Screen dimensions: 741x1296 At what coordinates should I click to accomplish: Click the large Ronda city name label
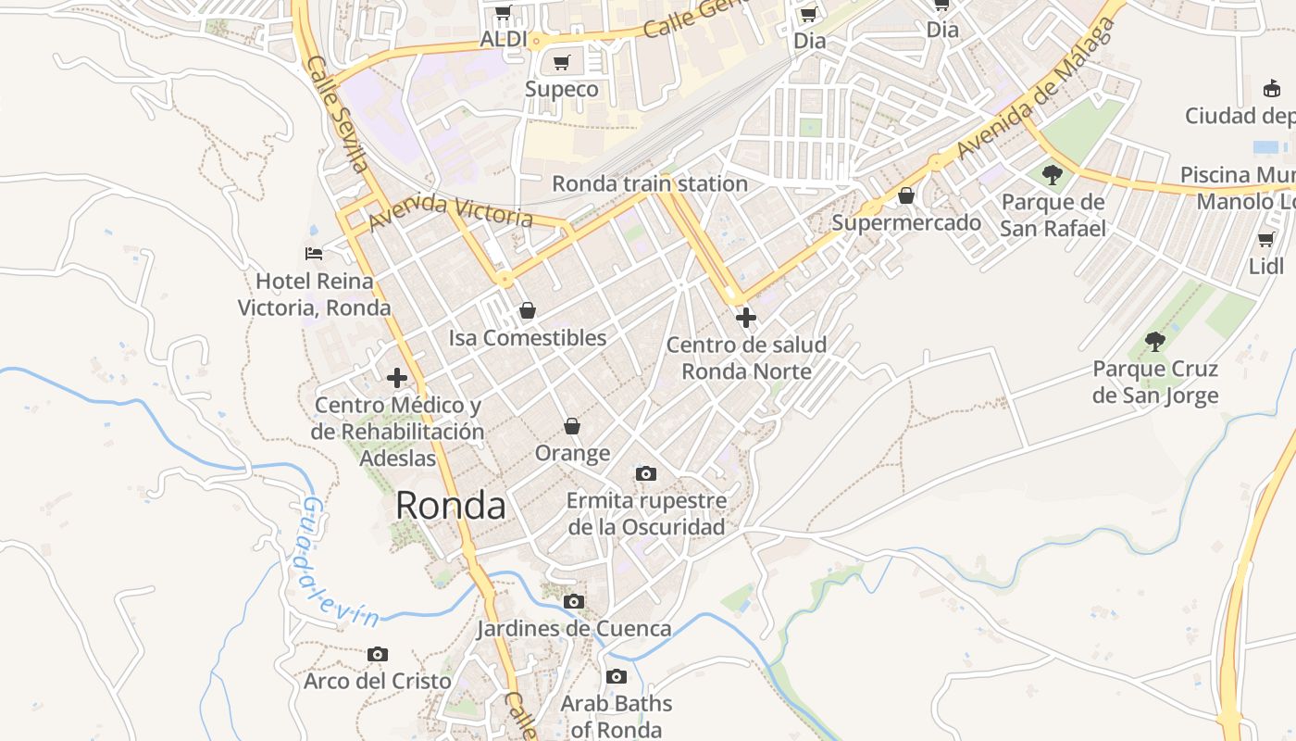point(451,506)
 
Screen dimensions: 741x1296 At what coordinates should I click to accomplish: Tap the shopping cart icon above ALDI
point(503,13)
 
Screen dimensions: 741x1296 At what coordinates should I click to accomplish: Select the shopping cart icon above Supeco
point(561,63)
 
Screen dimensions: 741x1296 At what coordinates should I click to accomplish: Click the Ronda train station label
point(650,183)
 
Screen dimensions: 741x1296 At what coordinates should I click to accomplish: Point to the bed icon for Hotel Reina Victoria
point(314,253)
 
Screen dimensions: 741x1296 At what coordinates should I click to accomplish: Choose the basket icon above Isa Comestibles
point(527,310)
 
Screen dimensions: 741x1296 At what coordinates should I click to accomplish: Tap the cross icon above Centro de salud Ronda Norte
point(745,318)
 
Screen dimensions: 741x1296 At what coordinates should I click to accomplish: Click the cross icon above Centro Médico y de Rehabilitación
point(397,378)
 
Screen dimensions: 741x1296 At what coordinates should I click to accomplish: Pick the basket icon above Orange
point(572,426)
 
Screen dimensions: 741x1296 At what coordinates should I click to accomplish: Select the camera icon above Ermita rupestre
point(646,474)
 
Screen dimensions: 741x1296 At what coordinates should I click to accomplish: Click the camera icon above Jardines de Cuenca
point(574,602)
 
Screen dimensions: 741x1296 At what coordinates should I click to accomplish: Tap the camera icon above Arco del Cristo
point(377,655)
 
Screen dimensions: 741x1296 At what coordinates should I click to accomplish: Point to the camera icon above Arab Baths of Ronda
point(617,677)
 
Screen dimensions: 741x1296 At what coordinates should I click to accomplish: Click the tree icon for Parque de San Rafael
point(1052,174)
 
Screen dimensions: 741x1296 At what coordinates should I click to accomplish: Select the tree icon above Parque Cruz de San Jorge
point(1154,342)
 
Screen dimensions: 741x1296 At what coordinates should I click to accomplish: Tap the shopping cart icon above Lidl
point(1265,240)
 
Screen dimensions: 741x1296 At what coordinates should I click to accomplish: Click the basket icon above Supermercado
point(906,195)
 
